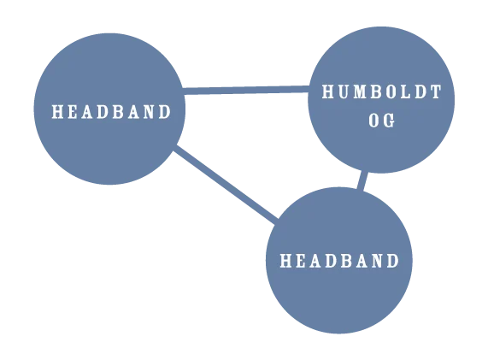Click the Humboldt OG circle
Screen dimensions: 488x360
(x=381, y=100)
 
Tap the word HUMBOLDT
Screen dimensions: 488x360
(x=381, y=91)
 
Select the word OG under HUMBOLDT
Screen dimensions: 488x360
(x=382, y=121)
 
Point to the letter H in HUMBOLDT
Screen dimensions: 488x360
(x=328, y=91)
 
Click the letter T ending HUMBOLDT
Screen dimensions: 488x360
(x=436, y=91)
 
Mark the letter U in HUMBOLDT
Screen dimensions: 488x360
(x=344, y=91)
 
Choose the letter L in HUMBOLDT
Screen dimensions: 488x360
(x=406, y=91)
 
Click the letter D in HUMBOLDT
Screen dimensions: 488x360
(x=420, y=91)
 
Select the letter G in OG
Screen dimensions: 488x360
(x=389, y=121)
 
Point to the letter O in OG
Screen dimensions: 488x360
(x=374, y=121)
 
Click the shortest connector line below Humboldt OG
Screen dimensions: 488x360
(x=362, y=180)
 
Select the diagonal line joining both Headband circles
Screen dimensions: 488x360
(x=226, y=185)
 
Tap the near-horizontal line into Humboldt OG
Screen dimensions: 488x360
(x=246, y=90)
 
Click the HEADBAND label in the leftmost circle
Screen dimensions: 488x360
(x=111, y=111)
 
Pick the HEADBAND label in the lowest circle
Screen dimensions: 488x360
(x=339, y=261)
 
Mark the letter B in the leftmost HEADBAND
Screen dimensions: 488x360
(x=118, y=111)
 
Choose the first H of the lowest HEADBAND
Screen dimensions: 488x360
(x=286, y=261)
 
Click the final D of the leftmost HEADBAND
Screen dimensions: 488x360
(x=165, y=111)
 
